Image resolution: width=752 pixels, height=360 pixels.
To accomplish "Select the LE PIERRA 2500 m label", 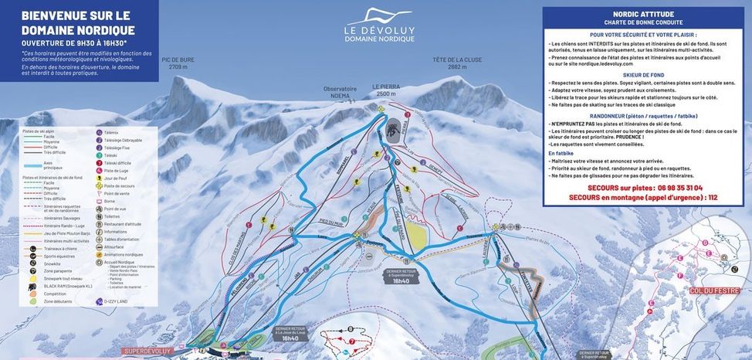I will (386, 90).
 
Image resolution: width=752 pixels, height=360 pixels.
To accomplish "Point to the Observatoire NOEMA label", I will (339, 91).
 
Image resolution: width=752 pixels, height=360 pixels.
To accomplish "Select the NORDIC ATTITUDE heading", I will (642, 14).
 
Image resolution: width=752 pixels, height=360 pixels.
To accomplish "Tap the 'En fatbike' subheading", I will (561, 153).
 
